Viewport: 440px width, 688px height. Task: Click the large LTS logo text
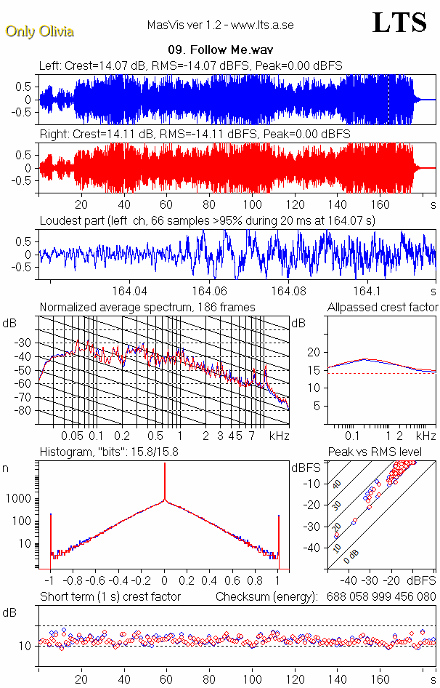tap(399, 23)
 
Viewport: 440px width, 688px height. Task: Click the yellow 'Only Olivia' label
tap(39, 31)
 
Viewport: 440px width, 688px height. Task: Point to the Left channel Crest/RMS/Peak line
tap(190, 66)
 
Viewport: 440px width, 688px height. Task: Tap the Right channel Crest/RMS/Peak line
tap(194, 135)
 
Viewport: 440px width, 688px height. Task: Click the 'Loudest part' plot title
tap(207, 220)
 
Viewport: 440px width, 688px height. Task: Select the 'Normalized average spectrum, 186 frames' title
tap(147, 307)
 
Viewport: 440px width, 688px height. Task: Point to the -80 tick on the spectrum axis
tap(25, 411)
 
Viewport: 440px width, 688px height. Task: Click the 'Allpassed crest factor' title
tap(383, 307)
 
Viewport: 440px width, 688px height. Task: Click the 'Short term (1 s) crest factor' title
tap(110, 597)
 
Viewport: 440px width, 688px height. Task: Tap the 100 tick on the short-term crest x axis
tap(252, 679)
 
